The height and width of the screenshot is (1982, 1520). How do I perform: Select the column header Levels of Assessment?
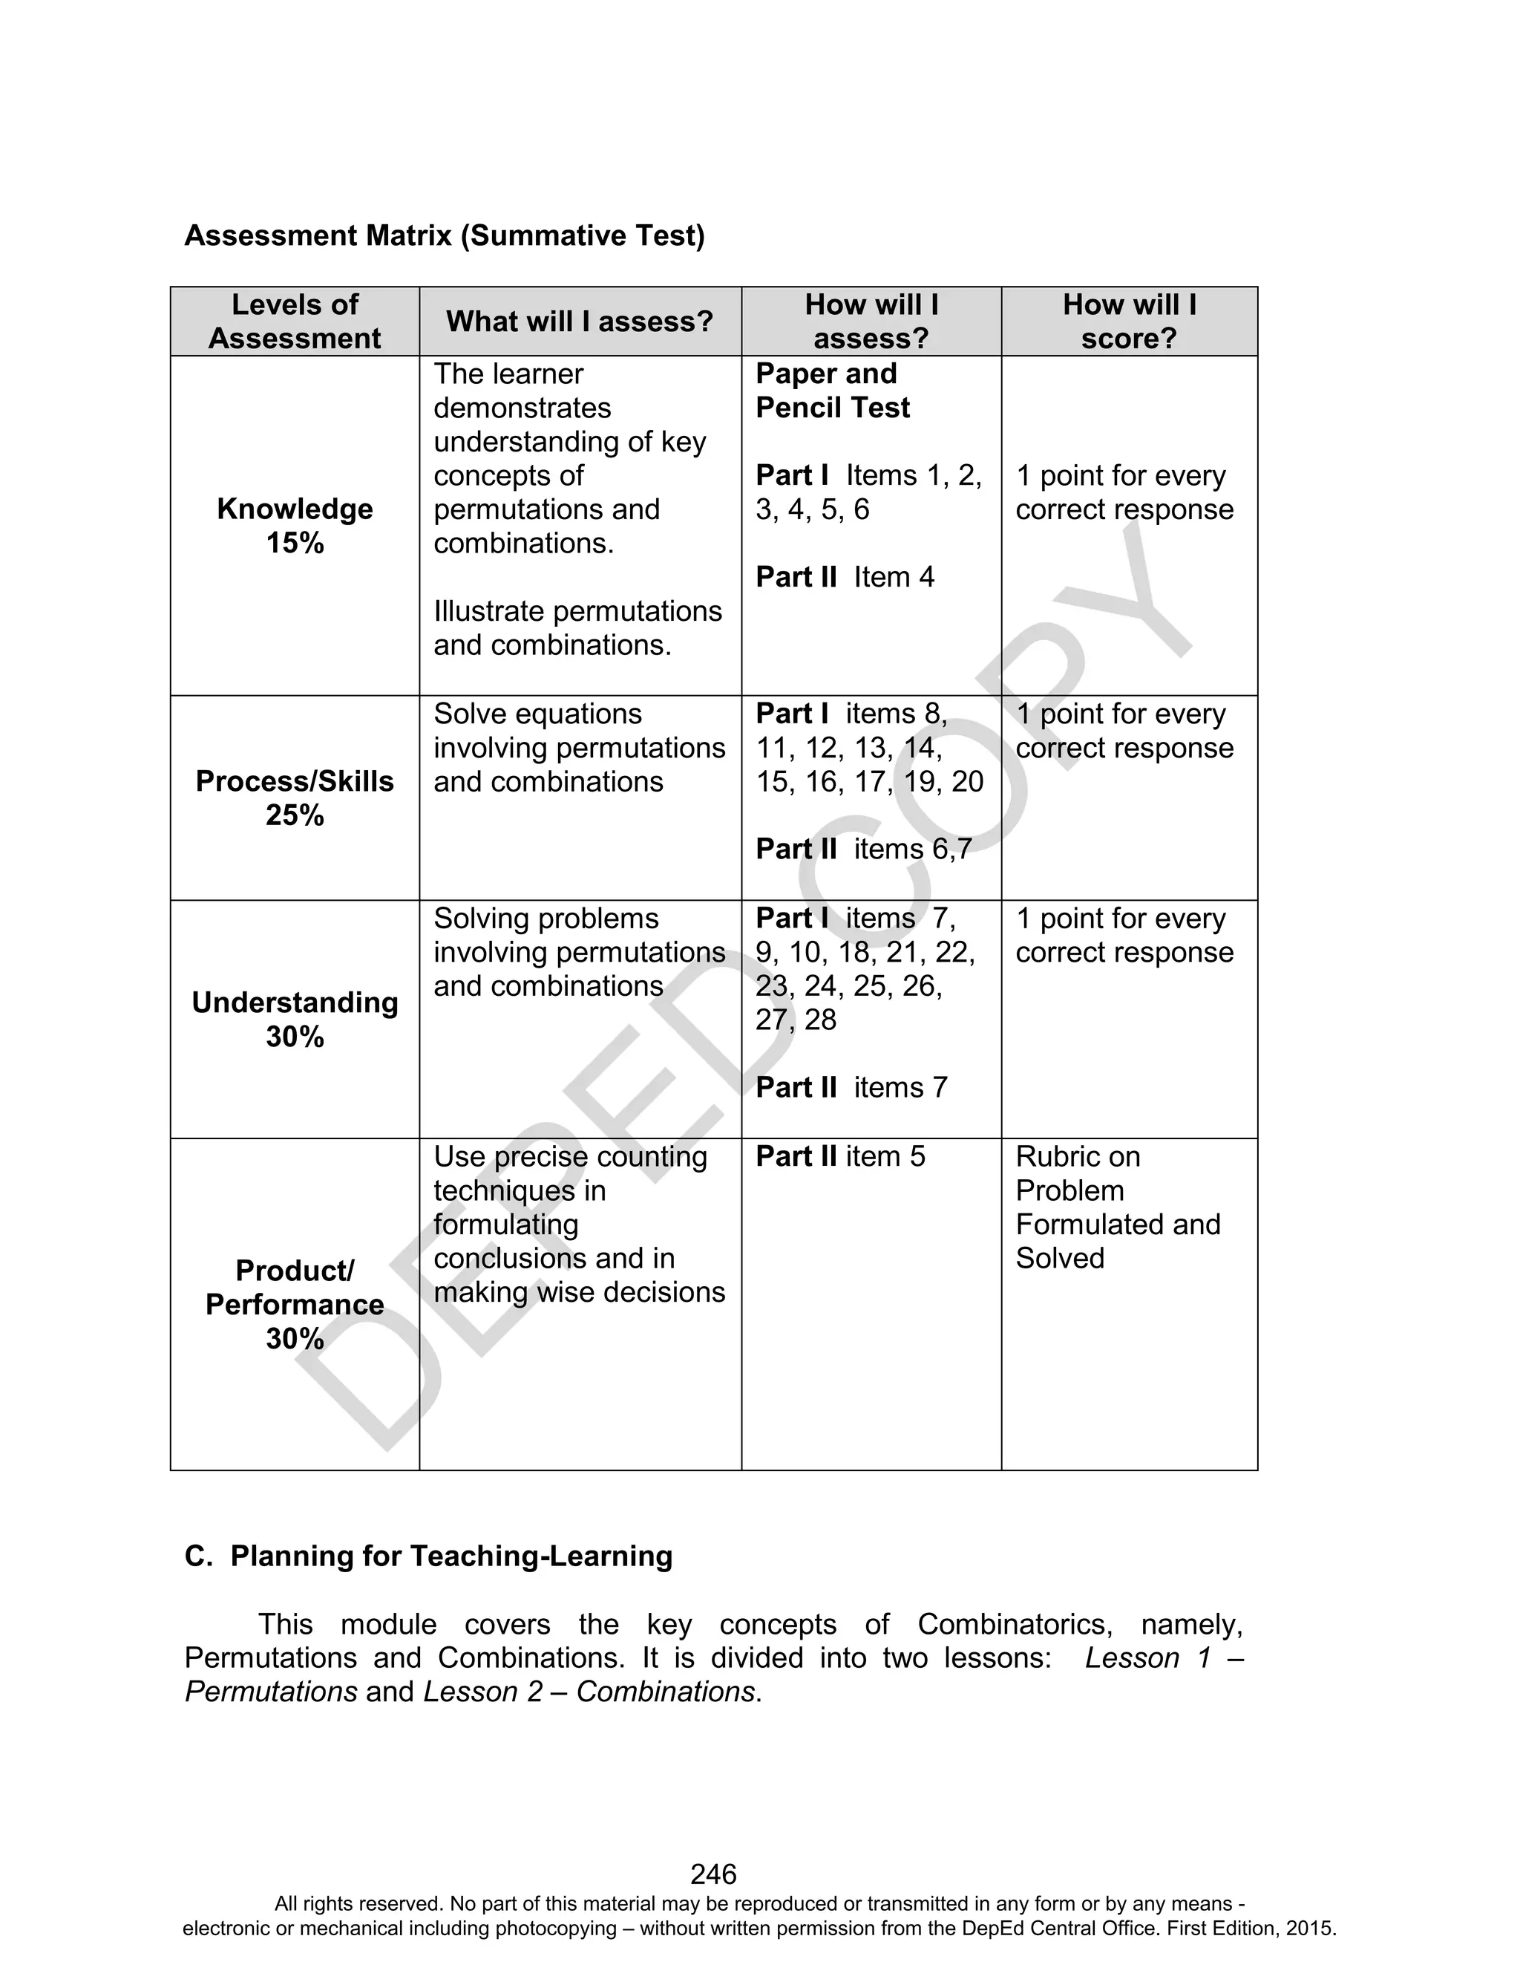(294, 322)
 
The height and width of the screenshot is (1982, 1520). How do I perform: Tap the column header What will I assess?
(579, 322)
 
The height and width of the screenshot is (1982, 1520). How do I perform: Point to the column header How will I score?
(1128, 322)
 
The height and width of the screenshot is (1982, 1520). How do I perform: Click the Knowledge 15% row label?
(294, 526)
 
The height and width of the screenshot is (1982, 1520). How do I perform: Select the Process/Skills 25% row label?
(294, 798)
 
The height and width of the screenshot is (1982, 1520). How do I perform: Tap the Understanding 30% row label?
(294, 1019)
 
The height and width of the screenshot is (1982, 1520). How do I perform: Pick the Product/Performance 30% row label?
(294, 1304)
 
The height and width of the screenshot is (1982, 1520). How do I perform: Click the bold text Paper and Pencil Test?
(833, 390)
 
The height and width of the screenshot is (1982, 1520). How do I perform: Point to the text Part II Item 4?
(844, 578)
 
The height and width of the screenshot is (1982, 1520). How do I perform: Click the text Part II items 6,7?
(863, 849)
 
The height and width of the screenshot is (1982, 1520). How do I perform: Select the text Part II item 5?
(839, 1157)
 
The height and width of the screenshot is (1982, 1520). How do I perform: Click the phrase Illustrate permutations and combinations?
(577, 628)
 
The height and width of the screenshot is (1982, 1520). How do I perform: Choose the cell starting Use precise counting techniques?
(578, 1224)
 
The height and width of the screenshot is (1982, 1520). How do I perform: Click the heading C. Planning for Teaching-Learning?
(428, 1556)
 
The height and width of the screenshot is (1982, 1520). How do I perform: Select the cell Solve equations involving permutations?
(578, 748)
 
